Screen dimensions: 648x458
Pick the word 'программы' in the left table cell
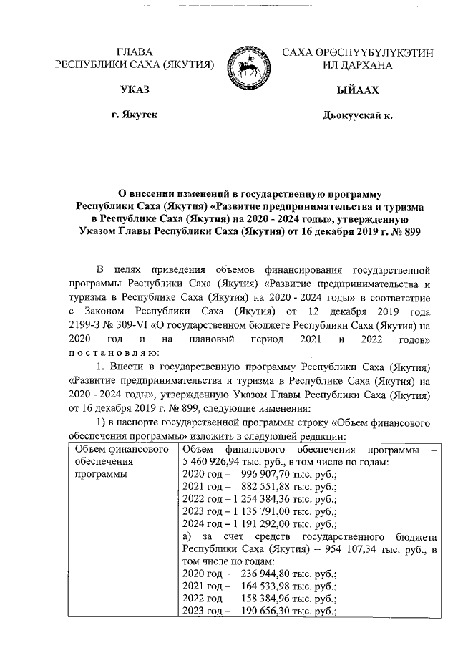102,475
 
